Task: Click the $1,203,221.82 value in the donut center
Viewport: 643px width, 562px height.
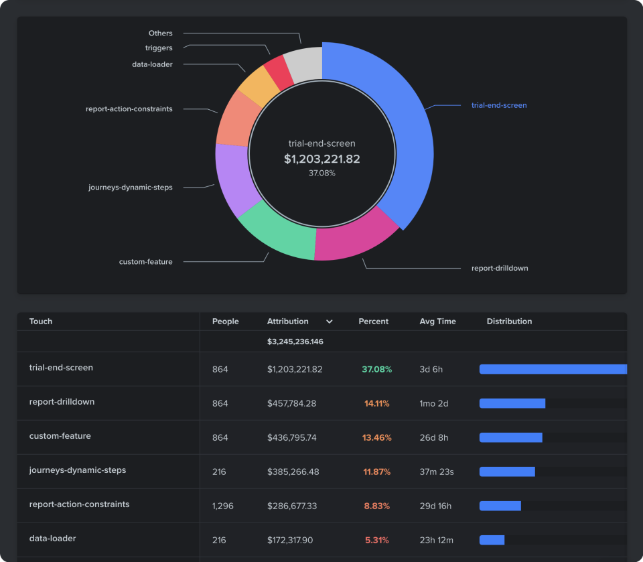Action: point(321,159)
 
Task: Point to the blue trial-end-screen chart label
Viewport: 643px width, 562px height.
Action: point(498,105)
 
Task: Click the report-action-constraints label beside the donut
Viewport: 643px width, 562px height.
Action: point(129,109)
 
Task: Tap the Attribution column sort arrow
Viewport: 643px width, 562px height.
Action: point(330,322)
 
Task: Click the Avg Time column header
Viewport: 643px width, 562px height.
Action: point(437,322)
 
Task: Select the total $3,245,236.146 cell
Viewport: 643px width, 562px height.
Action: point(295,342)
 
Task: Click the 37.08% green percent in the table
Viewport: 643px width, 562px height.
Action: point(376,369)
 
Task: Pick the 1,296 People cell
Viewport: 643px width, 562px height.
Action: point(223,506)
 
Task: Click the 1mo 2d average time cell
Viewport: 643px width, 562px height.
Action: point(433,403)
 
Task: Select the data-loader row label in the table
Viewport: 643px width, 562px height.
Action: point(52,539)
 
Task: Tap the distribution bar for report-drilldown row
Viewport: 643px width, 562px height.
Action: point(512,403)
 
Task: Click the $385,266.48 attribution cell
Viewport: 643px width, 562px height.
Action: point(293,472)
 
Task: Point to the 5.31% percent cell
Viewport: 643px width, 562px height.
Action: point(377,540)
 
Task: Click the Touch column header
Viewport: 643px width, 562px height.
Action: point(41,322)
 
